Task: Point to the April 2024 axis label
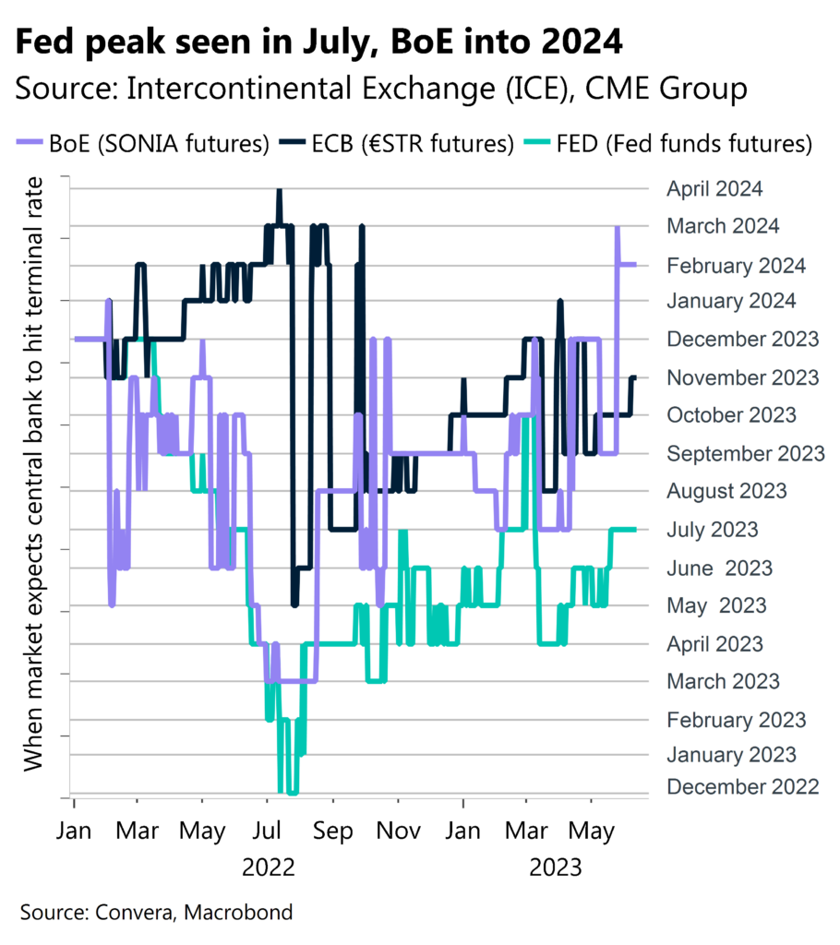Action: [x=714, y=189]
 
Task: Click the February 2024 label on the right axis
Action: [x=736, y=266]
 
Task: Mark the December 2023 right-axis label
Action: [x=742, y=339]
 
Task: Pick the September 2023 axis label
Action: [x=745, y=453]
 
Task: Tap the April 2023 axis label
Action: [x=714, y=643]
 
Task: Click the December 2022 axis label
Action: [x=742, y=786]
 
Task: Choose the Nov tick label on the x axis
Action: [x=398, y=831]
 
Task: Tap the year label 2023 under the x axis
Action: [x=555, y=867]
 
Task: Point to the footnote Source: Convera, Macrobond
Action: [x=156, y=914]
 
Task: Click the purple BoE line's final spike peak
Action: [x=617, y=227]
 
